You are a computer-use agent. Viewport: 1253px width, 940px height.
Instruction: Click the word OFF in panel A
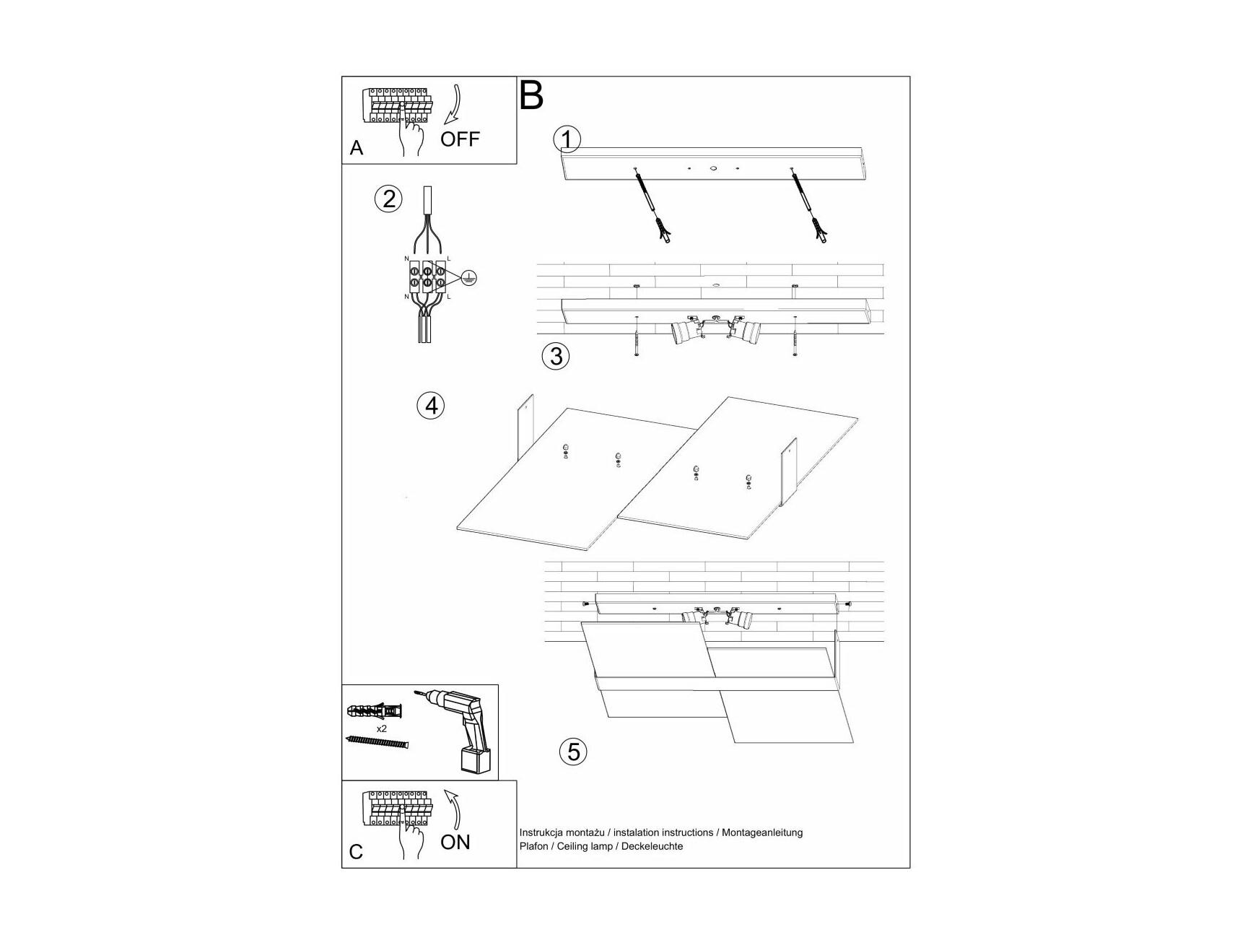pyautogui.click(x=460, y=139)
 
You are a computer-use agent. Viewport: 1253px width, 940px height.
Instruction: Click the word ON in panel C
pyautogui.click(x=455, y=842)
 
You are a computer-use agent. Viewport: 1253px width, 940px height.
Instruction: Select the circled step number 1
pyautogui.click(x=567, y=139)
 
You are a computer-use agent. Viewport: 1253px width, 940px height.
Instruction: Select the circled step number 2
pyautogui.click(x=389, y=199)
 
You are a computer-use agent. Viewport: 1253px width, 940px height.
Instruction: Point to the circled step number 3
pyautogui.click(x=556, y=356)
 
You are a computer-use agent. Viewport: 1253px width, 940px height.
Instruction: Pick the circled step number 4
pyautogui.click(x=431, y=406)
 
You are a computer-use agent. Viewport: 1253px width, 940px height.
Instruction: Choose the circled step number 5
pyautogui.click(x=573, y=752)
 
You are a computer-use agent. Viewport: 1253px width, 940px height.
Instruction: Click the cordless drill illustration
pyautogui.click(x=458, y=731)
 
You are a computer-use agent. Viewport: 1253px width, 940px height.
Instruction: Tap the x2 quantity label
pyautogui.click(x=382, y=728)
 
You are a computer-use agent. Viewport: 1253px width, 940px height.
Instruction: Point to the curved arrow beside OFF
pyautogui.click(x=455, y=105)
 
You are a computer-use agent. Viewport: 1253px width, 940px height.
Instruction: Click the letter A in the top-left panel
pyautogui.click(x=356, y=148)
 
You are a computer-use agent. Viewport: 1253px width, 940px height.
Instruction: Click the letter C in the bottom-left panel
pyautogui.click(x=356, y=852)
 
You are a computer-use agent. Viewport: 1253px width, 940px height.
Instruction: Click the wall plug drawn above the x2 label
pyautogui.click(x=375, y=710)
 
